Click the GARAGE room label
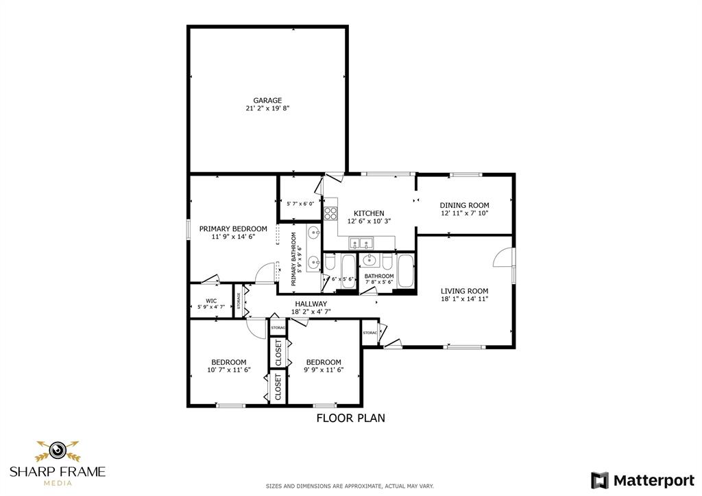click(x=267, y=100)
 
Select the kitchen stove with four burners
click(x=330, y=213)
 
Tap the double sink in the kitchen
click(x=361, y=242)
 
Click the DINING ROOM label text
click(x=464, y=205)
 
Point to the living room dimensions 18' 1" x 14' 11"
click(x=464, y=299)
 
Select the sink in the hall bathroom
click(x=371, y=260)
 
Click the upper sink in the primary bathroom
click(x=313, y=232)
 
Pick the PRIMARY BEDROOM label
click(x=233, y=228)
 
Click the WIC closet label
click(x=211, y=300)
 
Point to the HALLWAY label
click(x=311, y=304)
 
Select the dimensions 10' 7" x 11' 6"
click(x=228, y=370)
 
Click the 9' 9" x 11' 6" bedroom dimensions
click(x=324, y=370)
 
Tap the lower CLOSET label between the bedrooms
click(x=278, y=386)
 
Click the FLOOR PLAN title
click(x=350, y=417)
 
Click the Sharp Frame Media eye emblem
click(x=58, y=451)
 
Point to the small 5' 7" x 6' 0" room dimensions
click(x=300, y=203)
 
